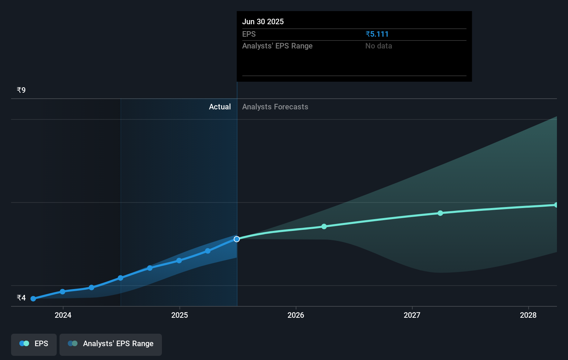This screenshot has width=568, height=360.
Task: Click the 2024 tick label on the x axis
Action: (63, 315)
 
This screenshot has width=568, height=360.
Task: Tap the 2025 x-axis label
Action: (180, 315)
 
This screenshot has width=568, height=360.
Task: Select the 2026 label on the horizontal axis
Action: (296, 315)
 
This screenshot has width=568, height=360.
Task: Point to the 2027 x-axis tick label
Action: (412, 315)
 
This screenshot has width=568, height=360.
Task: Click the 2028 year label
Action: (528, 315)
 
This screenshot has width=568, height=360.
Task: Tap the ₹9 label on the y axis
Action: (21, 90)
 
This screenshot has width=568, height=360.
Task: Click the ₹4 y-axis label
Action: (21, 298)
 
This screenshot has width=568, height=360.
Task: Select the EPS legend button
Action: (34, 344)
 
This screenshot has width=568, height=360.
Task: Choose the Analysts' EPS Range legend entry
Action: (111, 344)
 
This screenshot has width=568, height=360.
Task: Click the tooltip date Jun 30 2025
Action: (263, 22)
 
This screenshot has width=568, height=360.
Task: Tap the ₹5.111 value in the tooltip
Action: (377, 34)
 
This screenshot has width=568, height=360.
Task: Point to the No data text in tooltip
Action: (378, 46)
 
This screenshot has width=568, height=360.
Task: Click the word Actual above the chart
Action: (220, 107)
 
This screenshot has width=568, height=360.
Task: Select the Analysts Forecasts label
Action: (275, 107)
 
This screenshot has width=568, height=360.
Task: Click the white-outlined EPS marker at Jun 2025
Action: (237, 239)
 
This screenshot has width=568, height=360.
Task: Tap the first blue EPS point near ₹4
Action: (33, 299)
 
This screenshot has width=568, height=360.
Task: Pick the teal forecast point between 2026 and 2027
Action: (324, 227)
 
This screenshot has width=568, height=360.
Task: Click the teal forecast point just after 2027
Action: (440, 213)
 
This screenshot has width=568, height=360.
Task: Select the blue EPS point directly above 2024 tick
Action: (63, 292)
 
